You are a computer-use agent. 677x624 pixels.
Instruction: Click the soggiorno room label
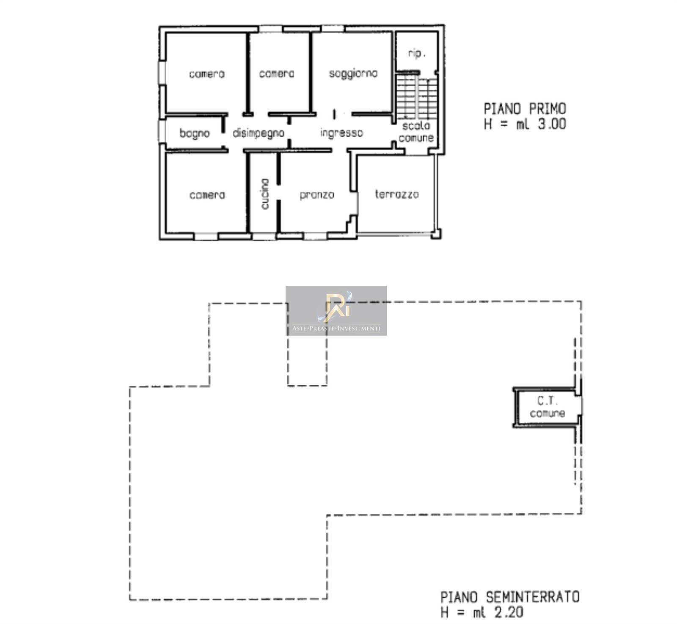tap(353, 74)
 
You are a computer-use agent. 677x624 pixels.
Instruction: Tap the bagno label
tap(195, 133)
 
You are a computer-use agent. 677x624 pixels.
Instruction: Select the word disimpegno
tap(258, 133)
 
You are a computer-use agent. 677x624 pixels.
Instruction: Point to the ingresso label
tap(341, 133)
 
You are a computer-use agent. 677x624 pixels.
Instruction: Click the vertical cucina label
tap(265, 194)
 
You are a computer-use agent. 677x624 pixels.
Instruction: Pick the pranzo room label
tap(317, 195)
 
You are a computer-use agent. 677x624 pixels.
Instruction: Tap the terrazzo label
tap(397, 194)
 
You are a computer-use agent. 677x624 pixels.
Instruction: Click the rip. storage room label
tap(417, 53)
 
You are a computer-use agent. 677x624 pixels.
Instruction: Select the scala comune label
tap(416, 132)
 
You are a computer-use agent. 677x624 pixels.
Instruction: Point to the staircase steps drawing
tap(417, 98)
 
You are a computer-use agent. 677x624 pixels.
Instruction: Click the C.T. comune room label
tap(547, 407)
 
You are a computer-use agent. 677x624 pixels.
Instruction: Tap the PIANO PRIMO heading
tap(525, 109)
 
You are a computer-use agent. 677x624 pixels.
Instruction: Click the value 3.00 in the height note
tap(552, 124)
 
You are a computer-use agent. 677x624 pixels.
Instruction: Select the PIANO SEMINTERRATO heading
tap(510, 597)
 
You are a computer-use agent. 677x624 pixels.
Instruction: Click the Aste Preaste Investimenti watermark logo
tap(336, 311)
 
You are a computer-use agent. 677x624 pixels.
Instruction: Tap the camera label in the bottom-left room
tap(207, 195)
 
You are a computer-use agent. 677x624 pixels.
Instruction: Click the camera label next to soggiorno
tap(277, 74)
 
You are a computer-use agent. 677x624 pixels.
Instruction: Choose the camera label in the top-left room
tap(207, 74)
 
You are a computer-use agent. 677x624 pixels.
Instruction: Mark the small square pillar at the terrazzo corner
tap(436, 234)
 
